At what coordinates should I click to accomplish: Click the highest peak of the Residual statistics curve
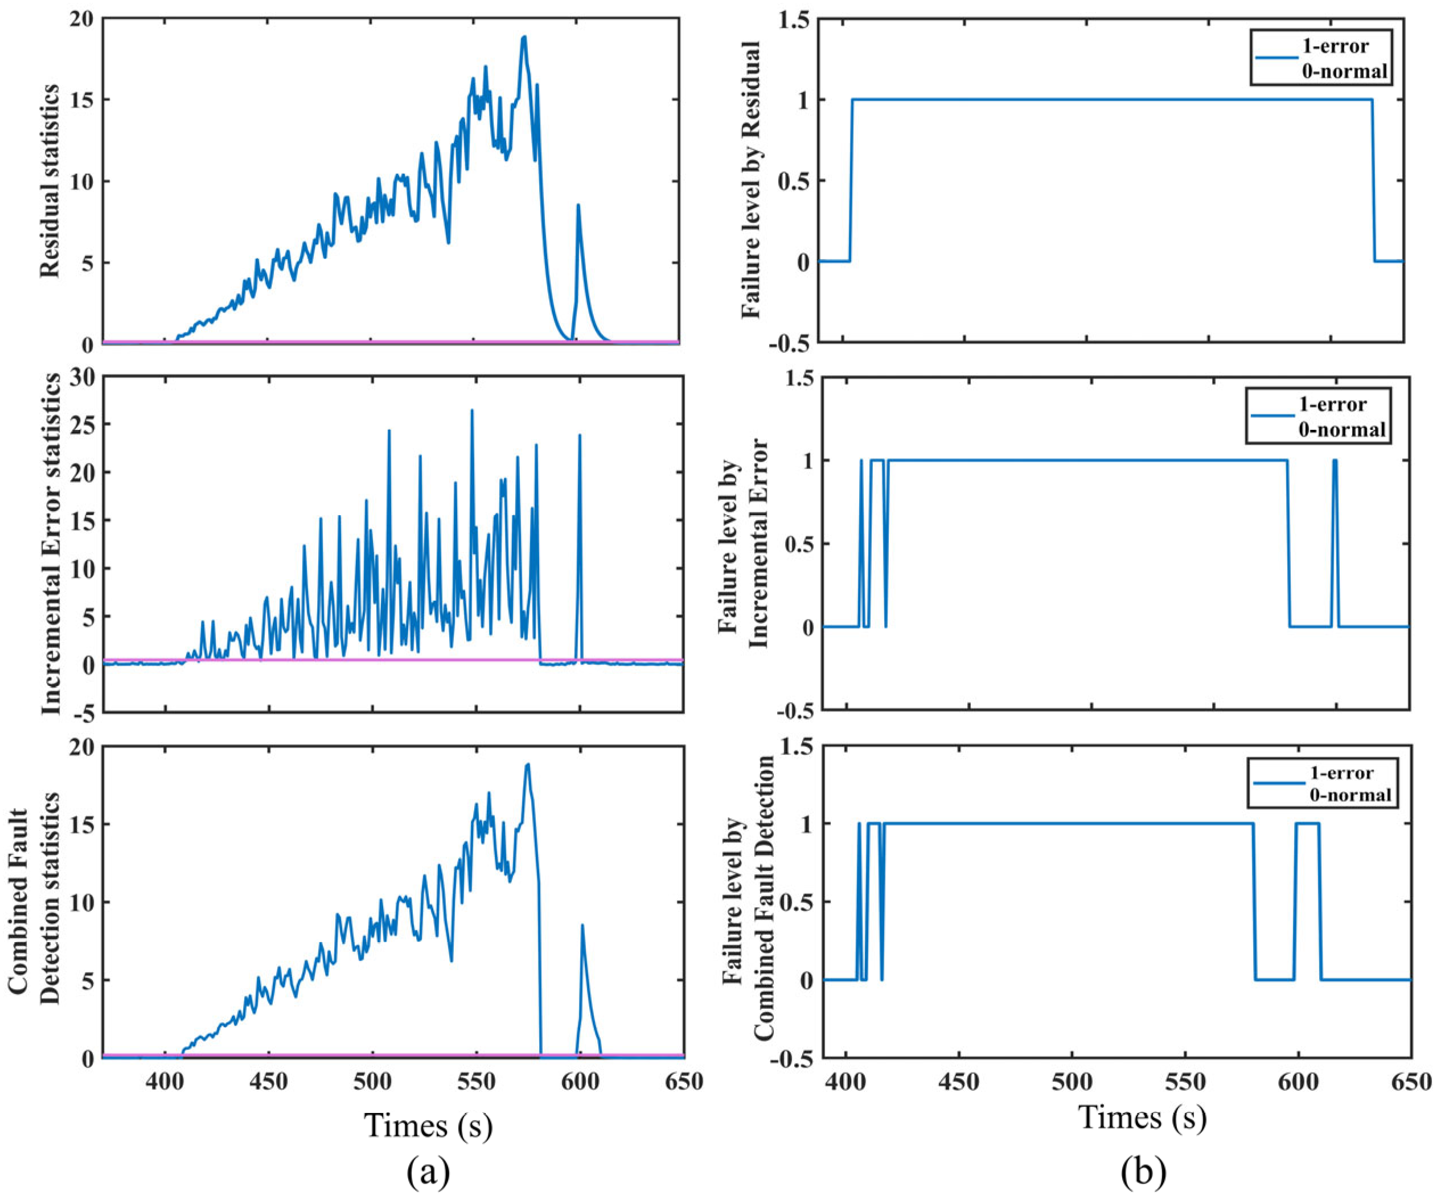coord(524,37)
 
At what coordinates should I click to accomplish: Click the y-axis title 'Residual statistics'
coord(50,181)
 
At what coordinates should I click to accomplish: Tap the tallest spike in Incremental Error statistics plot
coord(472,410)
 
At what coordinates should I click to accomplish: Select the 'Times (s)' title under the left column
coord(429,1125)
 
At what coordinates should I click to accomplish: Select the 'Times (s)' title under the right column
coord(1143,1116)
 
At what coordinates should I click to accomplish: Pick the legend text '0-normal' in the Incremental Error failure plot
coord(1341,430)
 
